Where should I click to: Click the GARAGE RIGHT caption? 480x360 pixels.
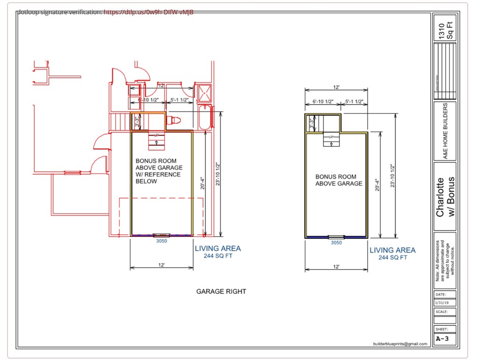221,292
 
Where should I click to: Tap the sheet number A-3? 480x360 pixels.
443,338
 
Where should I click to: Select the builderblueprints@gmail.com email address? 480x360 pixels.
400,344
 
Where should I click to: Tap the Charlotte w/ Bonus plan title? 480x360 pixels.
445,197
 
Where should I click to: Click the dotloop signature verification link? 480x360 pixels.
148,12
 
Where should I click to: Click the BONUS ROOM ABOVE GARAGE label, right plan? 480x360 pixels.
338,180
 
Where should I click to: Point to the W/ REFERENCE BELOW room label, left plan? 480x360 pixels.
158,178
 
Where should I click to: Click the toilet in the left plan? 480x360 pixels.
174,120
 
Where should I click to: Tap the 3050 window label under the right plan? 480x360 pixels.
336,243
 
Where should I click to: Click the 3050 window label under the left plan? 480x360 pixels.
161,241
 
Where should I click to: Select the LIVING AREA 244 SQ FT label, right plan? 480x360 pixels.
392,254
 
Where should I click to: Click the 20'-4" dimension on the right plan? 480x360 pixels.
378,184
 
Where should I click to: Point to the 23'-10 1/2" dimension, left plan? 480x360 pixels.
217,173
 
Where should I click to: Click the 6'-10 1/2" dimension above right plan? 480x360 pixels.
322,102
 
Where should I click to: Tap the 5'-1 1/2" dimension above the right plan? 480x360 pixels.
354,102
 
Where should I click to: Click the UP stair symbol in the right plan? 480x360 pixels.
331,139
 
